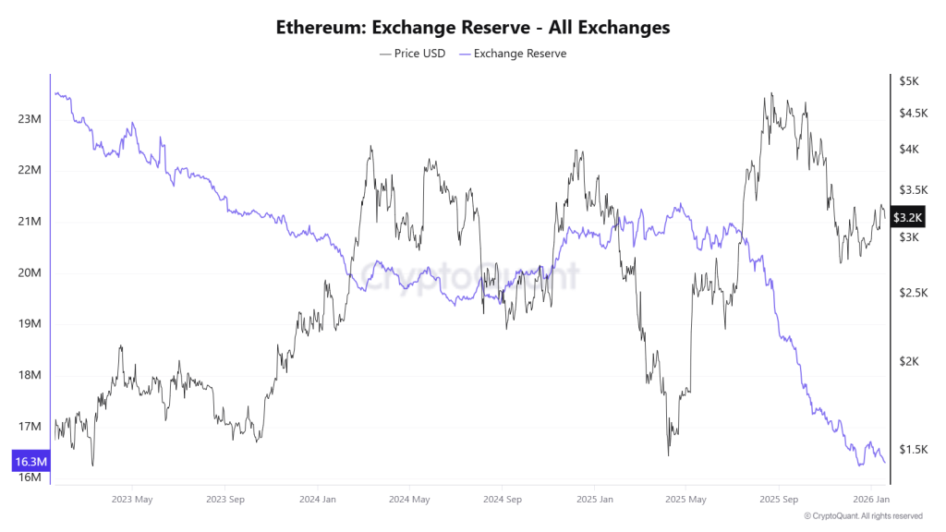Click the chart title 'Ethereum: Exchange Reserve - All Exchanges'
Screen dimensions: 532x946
(x=473, y=28)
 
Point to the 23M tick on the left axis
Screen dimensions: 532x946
(x=30, y=119)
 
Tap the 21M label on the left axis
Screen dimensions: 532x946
(x=30, y=222)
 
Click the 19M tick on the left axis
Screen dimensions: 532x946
(x=30, y=324)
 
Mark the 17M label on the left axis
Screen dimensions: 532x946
(x=30, y=427)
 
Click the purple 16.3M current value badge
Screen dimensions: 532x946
(x=30, y=461)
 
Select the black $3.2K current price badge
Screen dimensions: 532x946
(x=908, y=218)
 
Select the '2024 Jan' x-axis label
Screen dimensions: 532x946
(x=316, y=500)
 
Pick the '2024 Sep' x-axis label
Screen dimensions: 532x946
(x=501, y=500)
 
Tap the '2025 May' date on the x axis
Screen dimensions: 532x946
(x=685, y=500)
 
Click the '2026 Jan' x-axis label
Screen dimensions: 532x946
(x=870, y=500)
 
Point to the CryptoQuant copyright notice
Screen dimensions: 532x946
(x=863, y=516)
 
